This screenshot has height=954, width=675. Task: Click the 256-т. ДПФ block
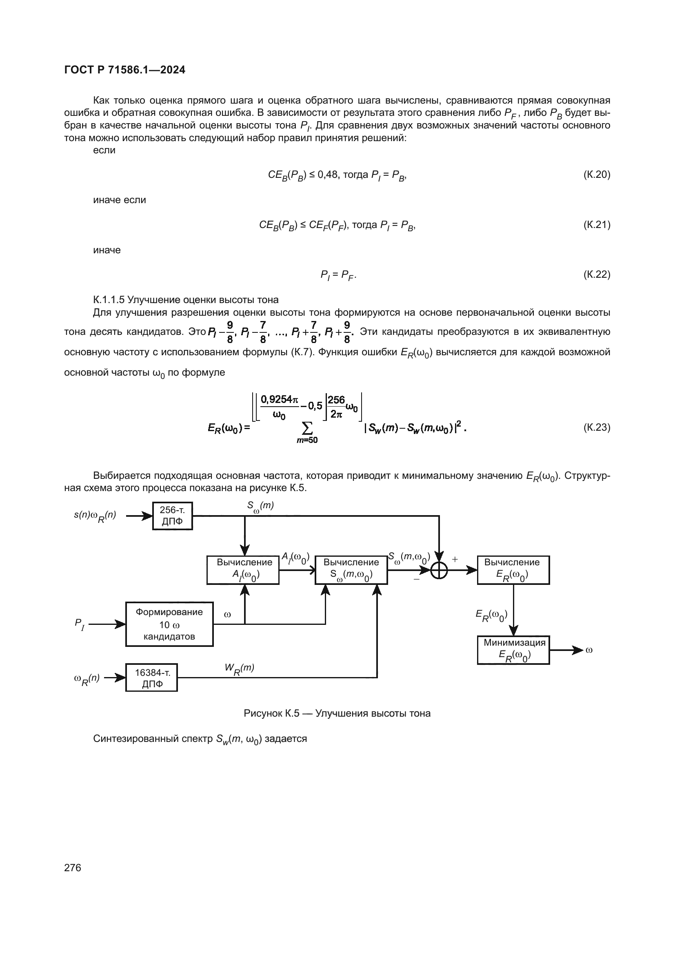[x=172, y=516]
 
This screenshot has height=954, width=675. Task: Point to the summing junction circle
[x=439, y=570]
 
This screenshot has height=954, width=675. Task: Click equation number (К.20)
[x=597, y=175]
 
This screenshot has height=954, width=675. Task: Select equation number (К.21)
[x=597, y=225]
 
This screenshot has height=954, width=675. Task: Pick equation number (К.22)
[x=597, y=274]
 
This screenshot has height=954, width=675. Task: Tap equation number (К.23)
[x=597, y=427]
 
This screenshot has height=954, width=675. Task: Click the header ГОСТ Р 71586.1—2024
[x=125, y=70]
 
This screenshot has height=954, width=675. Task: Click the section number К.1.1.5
[x=109, y=300]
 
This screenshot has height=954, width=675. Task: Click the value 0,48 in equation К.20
[x=328, y=175]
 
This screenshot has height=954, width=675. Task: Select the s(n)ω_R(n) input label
[x=95, y=516]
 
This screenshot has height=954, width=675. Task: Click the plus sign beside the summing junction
[x=455, y=559]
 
